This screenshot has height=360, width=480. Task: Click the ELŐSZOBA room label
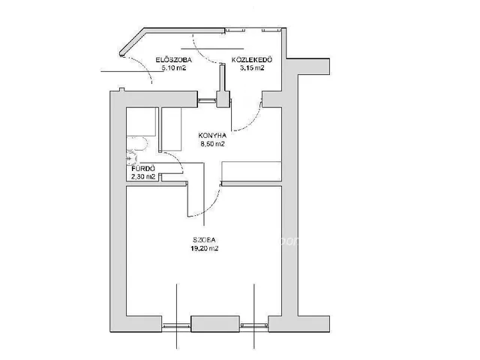point(173,60)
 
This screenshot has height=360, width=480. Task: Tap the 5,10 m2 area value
point(174,68)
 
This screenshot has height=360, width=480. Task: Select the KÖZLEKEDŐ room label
point(252,59)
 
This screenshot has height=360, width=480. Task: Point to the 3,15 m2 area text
point(252,68)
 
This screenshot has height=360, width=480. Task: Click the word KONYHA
point(212,135)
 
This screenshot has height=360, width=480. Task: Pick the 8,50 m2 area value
point(212,143)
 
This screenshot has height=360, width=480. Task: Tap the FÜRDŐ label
point(143,169)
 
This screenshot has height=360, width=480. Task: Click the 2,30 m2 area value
point(143,177)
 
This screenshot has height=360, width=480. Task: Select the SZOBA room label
point(204,240)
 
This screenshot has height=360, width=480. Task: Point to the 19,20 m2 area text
point(205,248)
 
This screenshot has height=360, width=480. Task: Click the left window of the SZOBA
point(176,326)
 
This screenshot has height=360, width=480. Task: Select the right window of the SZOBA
point(254,325)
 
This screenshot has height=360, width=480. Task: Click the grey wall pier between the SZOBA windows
point(215,324)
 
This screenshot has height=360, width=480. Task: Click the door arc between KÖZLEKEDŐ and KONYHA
point(253,122)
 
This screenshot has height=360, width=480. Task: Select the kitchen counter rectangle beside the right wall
point(252,171)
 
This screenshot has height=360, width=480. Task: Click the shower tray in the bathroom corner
point(142,121)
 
